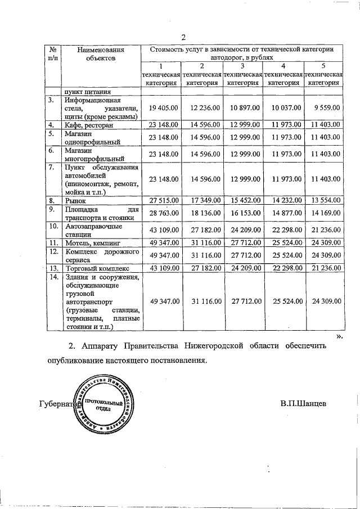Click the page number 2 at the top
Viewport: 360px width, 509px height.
[x=183, y=38]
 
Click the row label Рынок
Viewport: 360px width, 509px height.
[x=76, y=200]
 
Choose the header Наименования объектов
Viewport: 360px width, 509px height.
[x=101, y=53]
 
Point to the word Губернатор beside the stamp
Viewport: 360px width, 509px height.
[x=57, y=404]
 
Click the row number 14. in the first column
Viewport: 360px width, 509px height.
[x=53, y=277]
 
